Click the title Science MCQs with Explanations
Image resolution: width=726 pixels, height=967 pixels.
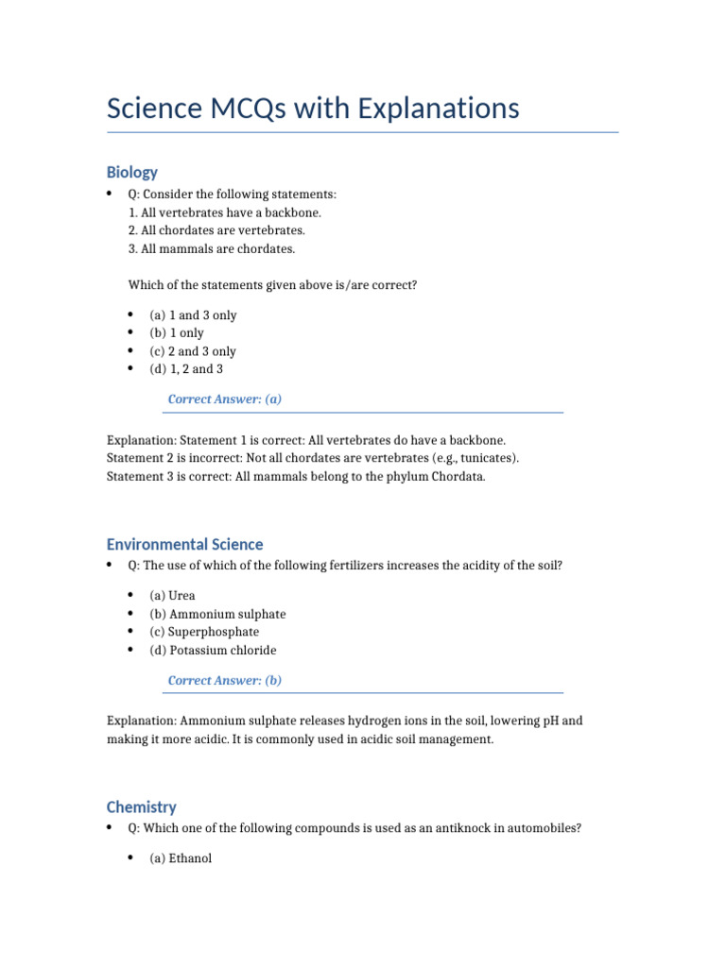coord(313,108)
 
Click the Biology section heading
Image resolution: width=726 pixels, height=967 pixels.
coord(132,172)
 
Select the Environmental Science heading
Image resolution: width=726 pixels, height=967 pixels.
coord(184,544)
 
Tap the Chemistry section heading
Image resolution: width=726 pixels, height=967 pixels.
coord(141,806)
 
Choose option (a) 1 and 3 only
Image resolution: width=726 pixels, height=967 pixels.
coord(193,315)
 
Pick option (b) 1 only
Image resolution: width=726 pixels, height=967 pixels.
coord(177,333)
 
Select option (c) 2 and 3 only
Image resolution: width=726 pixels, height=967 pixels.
coord(193,351)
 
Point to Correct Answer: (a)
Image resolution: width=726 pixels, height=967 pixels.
coord(225,399)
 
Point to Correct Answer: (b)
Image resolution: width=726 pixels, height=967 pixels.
coord(225,680)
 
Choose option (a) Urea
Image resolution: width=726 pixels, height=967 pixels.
coord(173,596)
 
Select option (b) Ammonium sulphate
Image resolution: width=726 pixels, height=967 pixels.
coord(217,614)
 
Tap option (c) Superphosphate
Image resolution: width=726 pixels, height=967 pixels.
coord(204,632)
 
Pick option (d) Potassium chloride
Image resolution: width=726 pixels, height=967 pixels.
coord(213,650)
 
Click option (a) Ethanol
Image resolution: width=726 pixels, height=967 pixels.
coord(181,858)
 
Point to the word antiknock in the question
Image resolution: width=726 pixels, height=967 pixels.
coord(427,828)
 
